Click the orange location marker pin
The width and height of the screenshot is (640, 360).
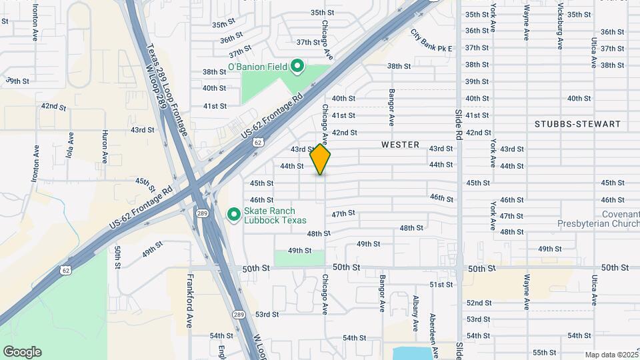[x=321, y=160]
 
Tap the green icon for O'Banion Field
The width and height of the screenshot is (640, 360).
[x=298, y=66]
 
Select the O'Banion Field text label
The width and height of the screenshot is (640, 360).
[x=257, y=67]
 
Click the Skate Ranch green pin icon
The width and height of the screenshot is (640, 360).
[x=233, y=214]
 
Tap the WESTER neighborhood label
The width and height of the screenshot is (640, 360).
[x=400, y=145]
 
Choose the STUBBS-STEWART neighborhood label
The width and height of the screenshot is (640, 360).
[x=577, y=124]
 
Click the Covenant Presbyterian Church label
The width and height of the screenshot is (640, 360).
[x=595, y=219]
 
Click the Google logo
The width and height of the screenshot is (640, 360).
[x=22, y=352]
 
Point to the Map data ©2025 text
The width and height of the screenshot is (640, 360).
[x=611, y=355]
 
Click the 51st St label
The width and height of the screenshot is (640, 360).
[x=441, y=285]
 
